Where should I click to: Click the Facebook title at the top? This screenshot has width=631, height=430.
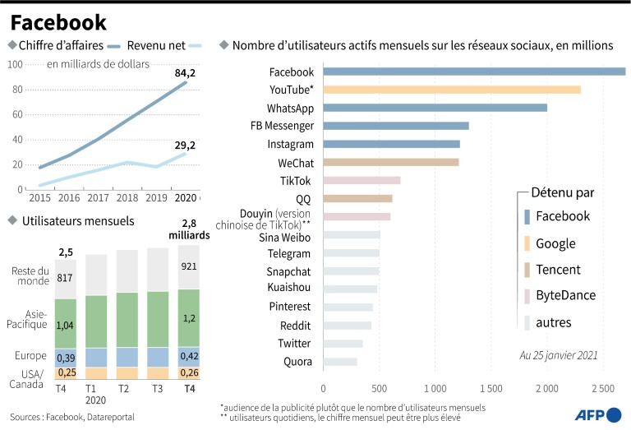click(58, 21)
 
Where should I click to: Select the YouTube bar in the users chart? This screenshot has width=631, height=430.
click(452, 89)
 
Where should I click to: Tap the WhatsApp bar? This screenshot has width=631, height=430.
click(435, 108)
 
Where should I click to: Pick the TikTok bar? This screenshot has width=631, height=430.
click(362, 180)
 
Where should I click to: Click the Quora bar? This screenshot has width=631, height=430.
click(340, 362)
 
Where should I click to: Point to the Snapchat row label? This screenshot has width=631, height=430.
click(288, 270)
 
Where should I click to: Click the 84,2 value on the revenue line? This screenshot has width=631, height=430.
click(186, 73)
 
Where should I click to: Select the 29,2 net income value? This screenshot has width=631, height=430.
click(186, 146)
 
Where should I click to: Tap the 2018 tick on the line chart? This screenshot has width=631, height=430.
click(127, 198)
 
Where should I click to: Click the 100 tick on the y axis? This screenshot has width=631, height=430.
click(15, 63)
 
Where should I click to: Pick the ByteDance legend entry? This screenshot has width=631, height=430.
click(565, 295)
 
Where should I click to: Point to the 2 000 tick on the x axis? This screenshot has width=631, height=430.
click(546, 387)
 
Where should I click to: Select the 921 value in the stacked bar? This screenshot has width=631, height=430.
click(189, 267)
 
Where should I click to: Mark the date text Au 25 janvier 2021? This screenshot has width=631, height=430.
click(558, 356)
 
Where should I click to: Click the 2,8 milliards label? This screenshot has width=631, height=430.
click(189, 229)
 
